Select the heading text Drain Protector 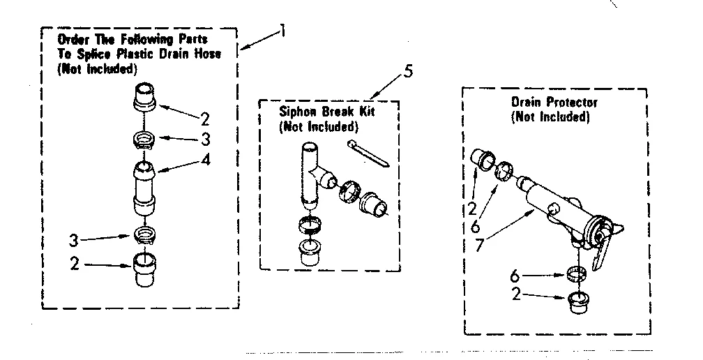tap(554, 103)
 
